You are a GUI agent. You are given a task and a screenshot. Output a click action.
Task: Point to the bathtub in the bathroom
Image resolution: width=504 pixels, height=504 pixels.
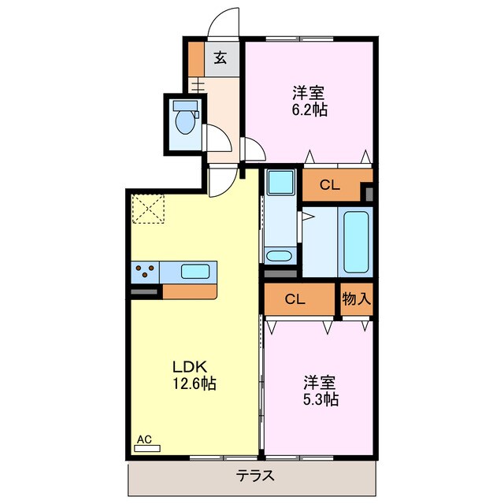coord(356,241)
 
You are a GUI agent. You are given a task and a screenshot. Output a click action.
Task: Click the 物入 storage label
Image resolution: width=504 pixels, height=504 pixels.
coord(356,299)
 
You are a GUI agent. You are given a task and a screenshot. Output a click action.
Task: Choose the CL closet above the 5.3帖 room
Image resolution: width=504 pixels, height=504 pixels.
coord(295,299)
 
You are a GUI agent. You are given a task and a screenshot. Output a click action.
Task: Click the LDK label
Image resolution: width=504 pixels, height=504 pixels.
coord(189,367)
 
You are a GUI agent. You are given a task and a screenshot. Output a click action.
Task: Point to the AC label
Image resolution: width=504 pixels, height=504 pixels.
coord(144,439)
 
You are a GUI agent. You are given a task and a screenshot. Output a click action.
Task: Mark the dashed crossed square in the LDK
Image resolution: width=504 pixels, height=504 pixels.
coord(146,208)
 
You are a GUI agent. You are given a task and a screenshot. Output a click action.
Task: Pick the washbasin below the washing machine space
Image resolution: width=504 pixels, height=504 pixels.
coord(278,255)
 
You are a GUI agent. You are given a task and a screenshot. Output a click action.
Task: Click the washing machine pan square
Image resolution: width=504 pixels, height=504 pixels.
coord(280,183)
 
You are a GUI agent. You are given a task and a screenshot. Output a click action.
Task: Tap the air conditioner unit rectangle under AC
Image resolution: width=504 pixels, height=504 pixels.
coord(146,448)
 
